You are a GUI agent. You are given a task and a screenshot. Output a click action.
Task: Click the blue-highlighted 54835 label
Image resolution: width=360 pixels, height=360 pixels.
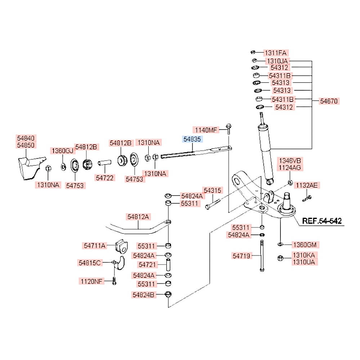192,139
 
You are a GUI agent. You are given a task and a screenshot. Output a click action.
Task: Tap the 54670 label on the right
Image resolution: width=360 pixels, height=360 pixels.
329,101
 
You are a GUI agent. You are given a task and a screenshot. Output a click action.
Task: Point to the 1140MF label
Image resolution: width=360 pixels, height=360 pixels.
206,130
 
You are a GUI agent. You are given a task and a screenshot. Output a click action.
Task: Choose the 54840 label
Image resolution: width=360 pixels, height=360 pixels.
26,138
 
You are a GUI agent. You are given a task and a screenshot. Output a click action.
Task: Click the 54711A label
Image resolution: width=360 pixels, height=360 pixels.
93,246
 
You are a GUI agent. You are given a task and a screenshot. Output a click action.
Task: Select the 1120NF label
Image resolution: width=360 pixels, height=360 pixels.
91,281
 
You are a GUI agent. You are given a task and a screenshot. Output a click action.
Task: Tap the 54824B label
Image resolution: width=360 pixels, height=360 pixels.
143,295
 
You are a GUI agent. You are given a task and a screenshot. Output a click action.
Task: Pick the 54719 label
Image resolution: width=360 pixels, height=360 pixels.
241,256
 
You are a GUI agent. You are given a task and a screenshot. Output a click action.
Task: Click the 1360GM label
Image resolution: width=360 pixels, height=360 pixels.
305,245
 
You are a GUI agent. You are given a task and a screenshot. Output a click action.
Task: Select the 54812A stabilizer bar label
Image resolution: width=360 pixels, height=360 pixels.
138,217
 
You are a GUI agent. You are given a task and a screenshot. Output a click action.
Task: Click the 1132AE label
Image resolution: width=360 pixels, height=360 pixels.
306,185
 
